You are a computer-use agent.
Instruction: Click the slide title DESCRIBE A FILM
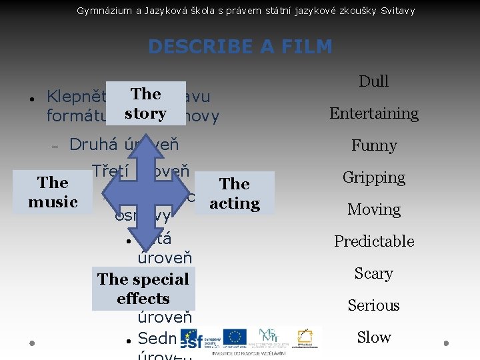click(240, 47)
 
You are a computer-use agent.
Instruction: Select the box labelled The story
click(145, 103)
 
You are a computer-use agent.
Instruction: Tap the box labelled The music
click(53, 192)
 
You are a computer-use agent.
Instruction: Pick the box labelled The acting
click(234, 193)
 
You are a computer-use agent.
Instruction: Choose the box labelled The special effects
click(143, 289)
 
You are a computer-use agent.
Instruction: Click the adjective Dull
click(373, 81)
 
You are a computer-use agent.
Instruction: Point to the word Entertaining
click(373, 113)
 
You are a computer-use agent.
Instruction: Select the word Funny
click(373, 145)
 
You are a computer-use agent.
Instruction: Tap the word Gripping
click(373, 177)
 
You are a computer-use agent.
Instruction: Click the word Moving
click(373, 209)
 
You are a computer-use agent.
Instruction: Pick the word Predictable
click(373, 241)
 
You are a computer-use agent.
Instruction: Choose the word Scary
click(373, 273)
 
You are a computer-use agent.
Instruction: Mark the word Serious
click(373, 305)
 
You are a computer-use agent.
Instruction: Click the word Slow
click(373, 337)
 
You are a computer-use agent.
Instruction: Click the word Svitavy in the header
click(397, 11)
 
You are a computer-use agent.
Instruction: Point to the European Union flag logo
click(234, 337)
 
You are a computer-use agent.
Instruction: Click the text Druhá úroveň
click(124, 145)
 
